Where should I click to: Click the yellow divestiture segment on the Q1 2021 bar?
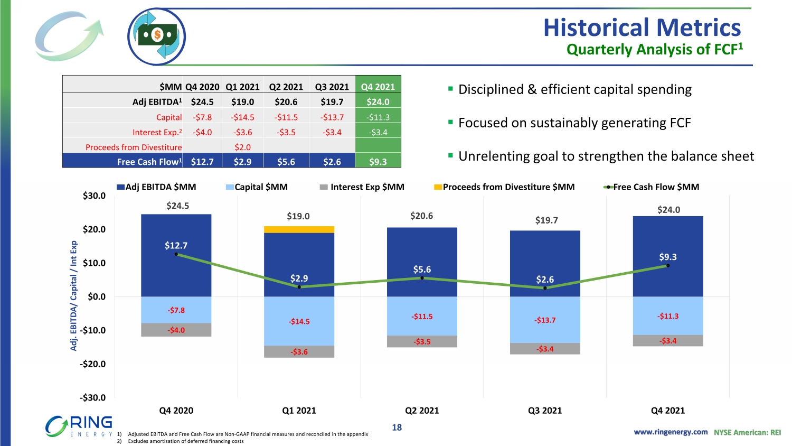coord(299,229)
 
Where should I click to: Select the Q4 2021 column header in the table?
coord(378,87)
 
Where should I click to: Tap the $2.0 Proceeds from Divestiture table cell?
coord(242,147)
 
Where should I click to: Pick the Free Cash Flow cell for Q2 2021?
coord(286,162)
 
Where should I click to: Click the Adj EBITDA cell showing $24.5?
coord(202,101)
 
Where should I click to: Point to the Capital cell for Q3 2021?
coord(332,117)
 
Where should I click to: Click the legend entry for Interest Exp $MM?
coord(362,187)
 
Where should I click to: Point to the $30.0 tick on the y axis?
coord(94,196)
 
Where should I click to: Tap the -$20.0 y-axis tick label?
coord(93,364)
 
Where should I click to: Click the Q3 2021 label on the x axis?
coord(545,411)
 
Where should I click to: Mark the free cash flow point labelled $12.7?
coord(176,254)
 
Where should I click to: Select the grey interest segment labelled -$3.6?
coord(299,352)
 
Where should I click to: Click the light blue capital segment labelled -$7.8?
coord(176,310)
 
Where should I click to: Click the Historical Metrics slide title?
coord(642,27)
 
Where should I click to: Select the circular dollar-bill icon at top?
coord(157,36)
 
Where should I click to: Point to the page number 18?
coord(397,428)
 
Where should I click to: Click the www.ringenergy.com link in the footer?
coord(671,432)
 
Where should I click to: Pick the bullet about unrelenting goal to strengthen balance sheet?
coord(606,156)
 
